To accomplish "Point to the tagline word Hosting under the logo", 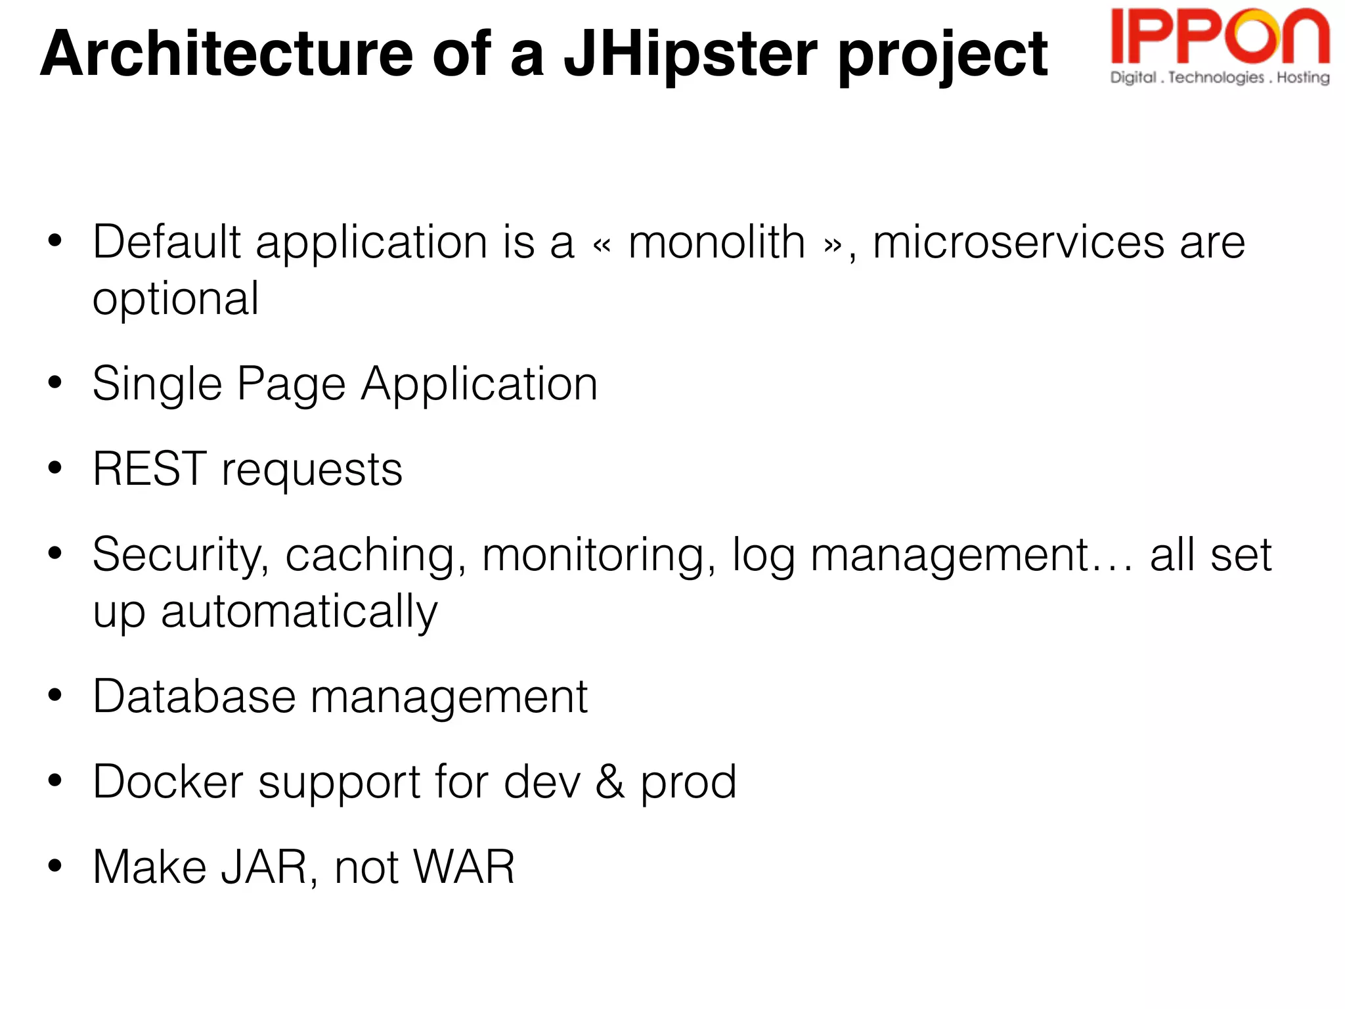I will [x=1303, y=78].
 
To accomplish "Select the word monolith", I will [x=717, y=242].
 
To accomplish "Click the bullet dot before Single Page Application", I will [x=55, y=382].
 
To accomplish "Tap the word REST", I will [x=150, y=469].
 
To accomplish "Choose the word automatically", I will [x=299, y=612].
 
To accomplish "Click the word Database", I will [x=194, y=696].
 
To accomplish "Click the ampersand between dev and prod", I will [x=610, y=782].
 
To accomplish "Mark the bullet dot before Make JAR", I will [x=55, y=866].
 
